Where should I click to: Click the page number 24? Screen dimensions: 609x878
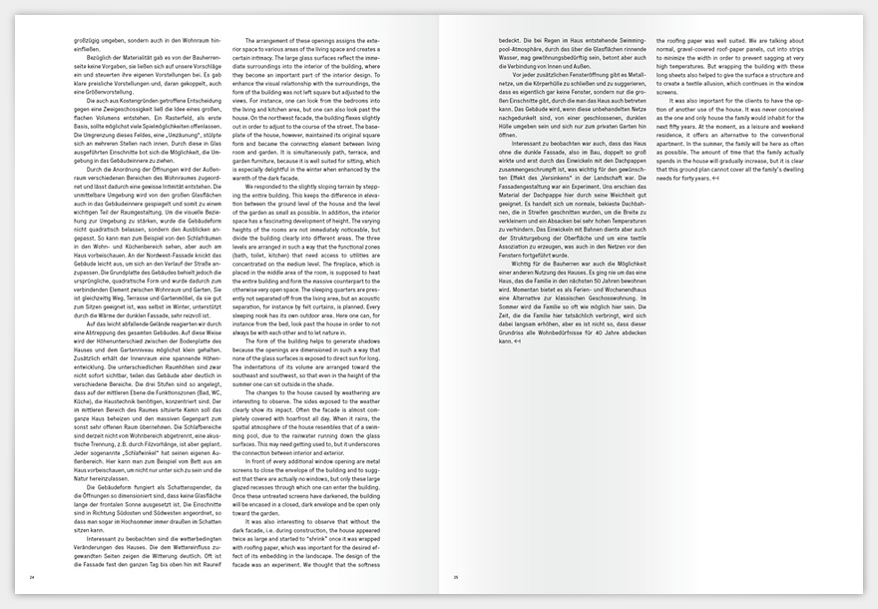(x=33, y=577)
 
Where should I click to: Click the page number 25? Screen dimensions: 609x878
(x=455, y=577)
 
